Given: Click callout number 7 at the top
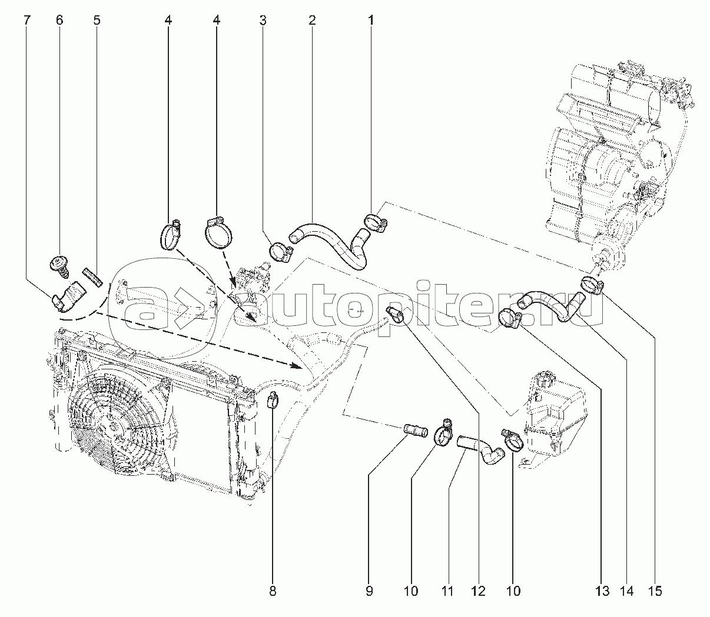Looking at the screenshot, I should click(x=26, y=21).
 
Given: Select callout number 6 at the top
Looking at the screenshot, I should click(x=59, y=21).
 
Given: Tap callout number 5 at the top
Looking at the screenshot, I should click(x=97, y=21).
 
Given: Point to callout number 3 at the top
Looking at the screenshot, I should click(x=263, y=21).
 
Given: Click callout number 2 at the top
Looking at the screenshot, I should click(x=312, y=21).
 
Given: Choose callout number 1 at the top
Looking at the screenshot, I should click(x=371, y=21).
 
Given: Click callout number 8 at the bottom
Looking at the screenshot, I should click(x=273, y=591).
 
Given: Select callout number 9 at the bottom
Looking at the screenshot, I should click(x=369, y=591).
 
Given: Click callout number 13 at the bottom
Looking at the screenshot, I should click(x=601, y=591).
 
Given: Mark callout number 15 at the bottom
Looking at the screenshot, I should click(x=655, y=591).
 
